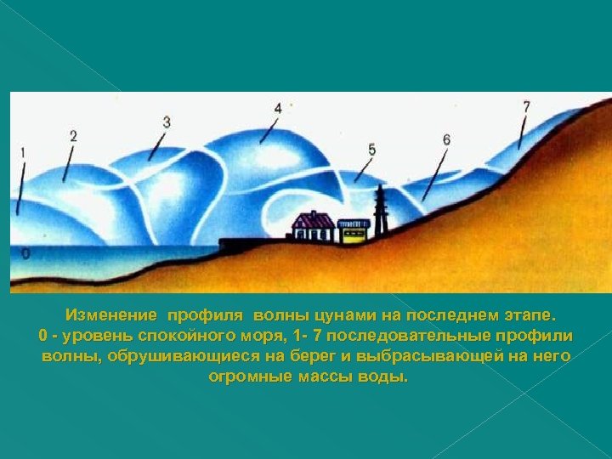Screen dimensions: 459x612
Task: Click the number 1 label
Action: pos(22,153)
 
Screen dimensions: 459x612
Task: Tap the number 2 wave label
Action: pos(73,136)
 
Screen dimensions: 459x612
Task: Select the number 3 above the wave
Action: pos(167,122)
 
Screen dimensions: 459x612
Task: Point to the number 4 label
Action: pos(279,109)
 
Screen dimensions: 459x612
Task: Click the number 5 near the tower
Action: pos(371,150)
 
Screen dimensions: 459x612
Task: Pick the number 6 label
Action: pos(446,139)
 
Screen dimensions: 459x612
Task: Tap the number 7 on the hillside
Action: pos(526,107)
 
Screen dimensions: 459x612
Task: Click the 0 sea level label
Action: pos(25,253)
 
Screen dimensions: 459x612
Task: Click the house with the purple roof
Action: pos(313,226)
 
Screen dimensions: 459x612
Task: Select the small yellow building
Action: pos(353,229)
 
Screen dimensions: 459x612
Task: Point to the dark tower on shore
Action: pos(380,212)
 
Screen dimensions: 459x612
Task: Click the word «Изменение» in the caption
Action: pos(111,314)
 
